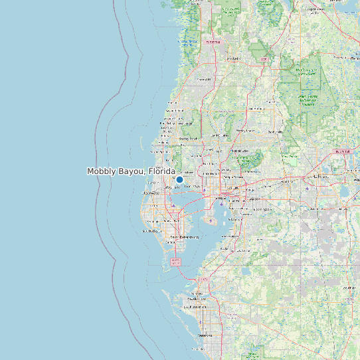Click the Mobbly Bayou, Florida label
[x=131, y=171]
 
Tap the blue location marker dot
[x=179, y=179]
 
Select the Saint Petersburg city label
[x=185, y=236]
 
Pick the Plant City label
[x=288, y=181]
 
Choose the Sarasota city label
[x=205, y=335]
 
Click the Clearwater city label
[x=152, y=195]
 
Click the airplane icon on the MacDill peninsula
[x=211, y=220]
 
